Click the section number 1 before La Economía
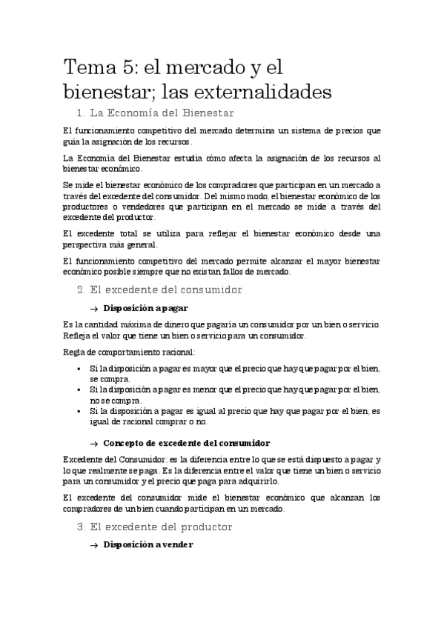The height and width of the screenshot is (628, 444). pos(80,113)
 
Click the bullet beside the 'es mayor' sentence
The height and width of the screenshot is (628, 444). pos(79,368)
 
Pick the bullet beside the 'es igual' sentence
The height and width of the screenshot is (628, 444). pos(79,411)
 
